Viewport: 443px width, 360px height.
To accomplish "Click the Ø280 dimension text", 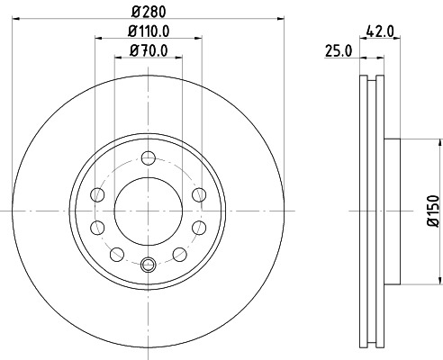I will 148,12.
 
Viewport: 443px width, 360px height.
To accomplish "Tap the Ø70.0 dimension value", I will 148,50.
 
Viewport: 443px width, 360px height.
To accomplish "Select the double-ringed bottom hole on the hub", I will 149,264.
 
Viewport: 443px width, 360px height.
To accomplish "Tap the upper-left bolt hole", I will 99,193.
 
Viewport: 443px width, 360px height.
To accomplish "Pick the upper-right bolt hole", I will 198,193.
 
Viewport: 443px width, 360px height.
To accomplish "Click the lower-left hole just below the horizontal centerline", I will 99,226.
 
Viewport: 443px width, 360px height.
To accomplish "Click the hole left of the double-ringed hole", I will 117,252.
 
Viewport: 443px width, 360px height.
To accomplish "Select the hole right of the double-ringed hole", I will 180,252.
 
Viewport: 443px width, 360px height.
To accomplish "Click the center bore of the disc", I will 149,211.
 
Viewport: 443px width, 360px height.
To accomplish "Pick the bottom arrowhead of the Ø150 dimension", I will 420,280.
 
